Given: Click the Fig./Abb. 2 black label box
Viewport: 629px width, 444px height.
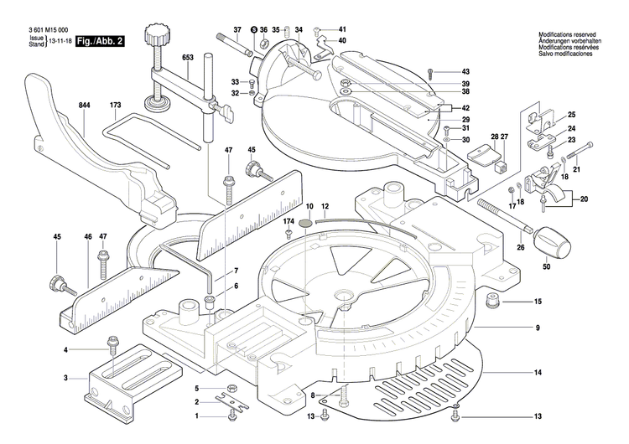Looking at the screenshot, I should point(99,41).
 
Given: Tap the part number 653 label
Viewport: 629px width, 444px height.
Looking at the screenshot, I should point(187,57).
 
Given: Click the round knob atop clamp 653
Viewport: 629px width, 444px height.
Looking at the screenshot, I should point(154,35).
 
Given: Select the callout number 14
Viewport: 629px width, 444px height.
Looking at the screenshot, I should point(538,372).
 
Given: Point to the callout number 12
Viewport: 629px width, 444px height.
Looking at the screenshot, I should point(325,206).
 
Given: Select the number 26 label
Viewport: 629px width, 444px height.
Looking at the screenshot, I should point(519,247).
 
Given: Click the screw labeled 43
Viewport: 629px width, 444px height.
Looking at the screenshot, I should point(429,72).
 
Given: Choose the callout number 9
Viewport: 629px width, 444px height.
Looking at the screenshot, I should point(538,327).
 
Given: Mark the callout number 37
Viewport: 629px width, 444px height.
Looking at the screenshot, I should point(237,30).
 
